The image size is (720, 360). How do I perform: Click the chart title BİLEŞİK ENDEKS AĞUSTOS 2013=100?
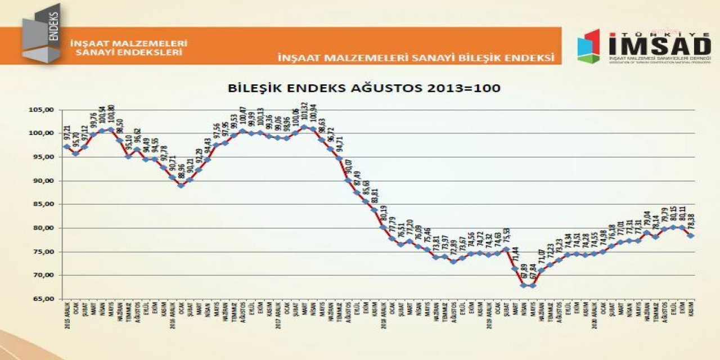coord(364,88)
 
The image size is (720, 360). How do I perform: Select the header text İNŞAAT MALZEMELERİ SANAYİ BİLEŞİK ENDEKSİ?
coord(416,57)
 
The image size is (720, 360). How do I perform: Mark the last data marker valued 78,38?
coord(690,236)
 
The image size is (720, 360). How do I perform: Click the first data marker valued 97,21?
coord(67,147)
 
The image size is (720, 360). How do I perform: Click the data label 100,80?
coord(111,116)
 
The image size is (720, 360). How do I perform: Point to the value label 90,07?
coord(348,167)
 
